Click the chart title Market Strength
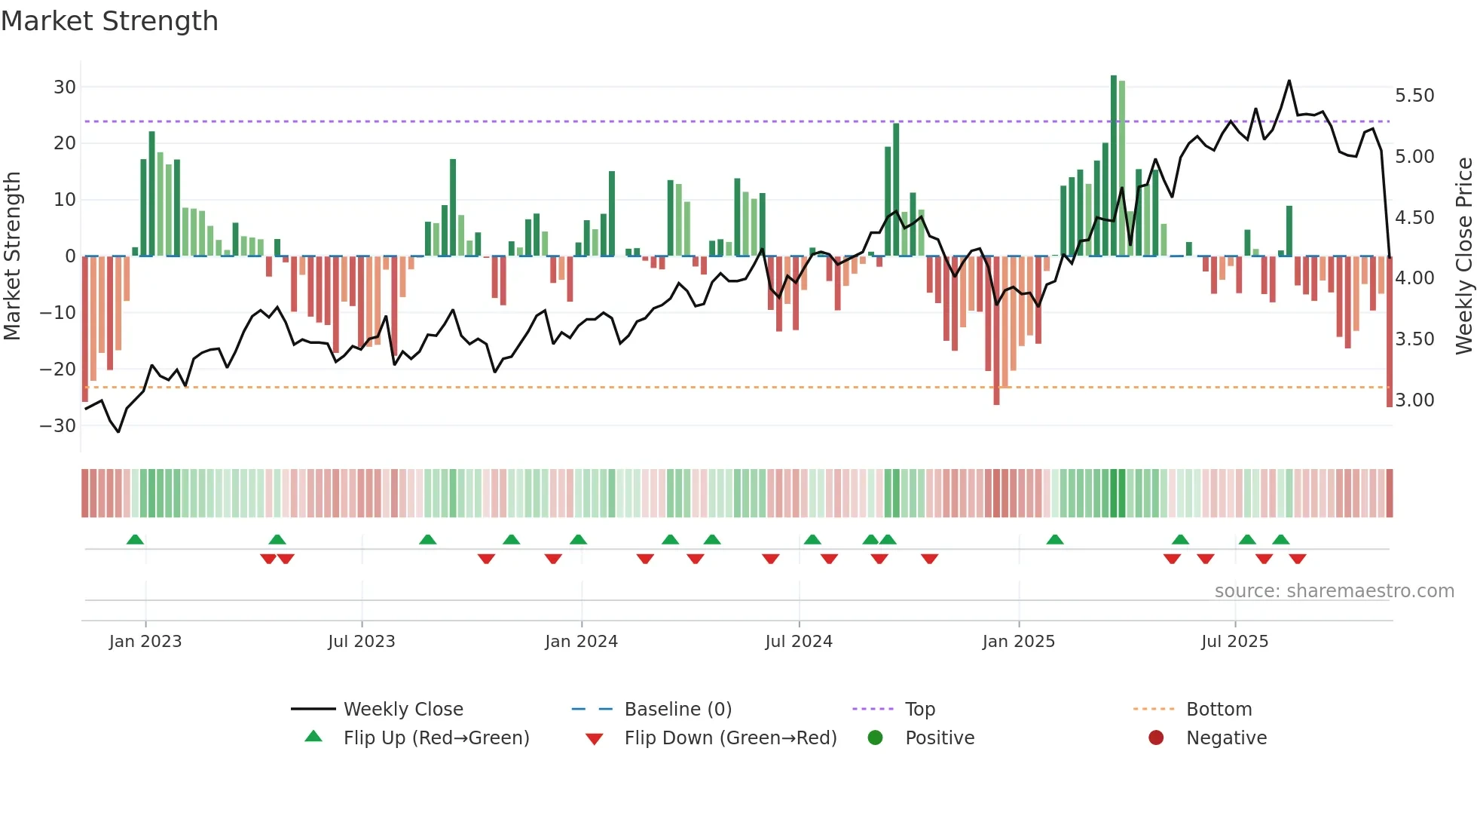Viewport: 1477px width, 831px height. point(109,21)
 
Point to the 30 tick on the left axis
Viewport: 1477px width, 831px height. point(65,87)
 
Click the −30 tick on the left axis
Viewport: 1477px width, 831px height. point(59,425)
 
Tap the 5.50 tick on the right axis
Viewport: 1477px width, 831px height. point(1414,96)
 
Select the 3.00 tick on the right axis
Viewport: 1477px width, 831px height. point(1414,400)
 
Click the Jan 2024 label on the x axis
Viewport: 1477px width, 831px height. point(581,642)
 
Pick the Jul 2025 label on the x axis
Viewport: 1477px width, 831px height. point(1234,642)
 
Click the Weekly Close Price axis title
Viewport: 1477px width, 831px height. point(1463,256)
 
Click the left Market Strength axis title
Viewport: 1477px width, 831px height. point(13,256)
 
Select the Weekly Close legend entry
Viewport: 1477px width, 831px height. point(403,710)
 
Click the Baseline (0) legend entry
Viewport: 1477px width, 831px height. point(677,710)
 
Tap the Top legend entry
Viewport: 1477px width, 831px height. point(919,710)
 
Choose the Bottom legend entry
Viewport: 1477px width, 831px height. point(1219,710)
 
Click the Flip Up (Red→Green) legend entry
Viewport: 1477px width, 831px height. point(436,738)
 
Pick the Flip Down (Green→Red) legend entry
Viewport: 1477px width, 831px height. point(730,738)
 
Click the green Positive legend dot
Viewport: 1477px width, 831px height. point(875,737)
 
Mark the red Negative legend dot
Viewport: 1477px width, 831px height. point(1156,737)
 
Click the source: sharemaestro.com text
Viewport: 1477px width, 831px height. point(1334,591)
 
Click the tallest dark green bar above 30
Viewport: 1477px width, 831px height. point(1114,166)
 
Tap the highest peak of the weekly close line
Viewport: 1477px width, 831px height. point(1289,81)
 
